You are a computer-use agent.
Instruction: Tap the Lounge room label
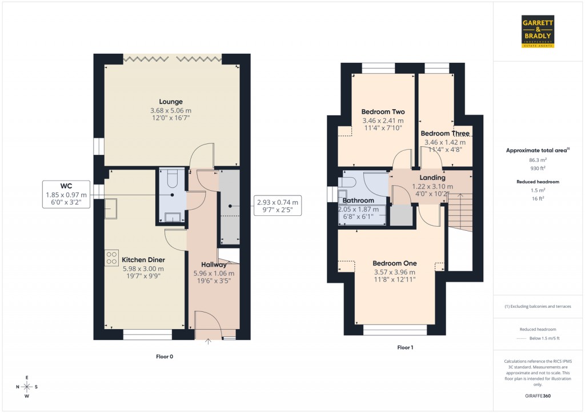(171, 102)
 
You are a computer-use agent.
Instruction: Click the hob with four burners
(112, 257)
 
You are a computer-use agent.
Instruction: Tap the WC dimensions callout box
(66, 194)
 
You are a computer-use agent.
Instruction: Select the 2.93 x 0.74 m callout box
(277, 206)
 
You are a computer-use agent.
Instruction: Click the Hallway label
(214, 264)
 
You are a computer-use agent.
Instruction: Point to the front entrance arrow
(208, 342)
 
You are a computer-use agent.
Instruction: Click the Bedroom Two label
(383, 112)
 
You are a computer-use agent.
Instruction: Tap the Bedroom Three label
(445, 133)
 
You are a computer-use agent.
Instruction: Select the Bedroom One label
(394, 263)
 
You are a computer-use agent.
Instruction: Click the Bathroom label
(358, 201)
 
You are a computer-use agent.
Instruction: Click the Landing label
(432, 178)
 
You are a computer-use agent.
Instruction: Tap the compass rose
(26, 387)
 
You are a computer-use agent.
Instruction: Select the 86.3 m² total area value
(538, 161)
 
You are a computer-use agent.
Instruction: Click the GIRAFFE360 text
(539, 396)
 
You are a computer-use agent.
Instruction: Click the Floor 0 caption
(165, 356)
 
